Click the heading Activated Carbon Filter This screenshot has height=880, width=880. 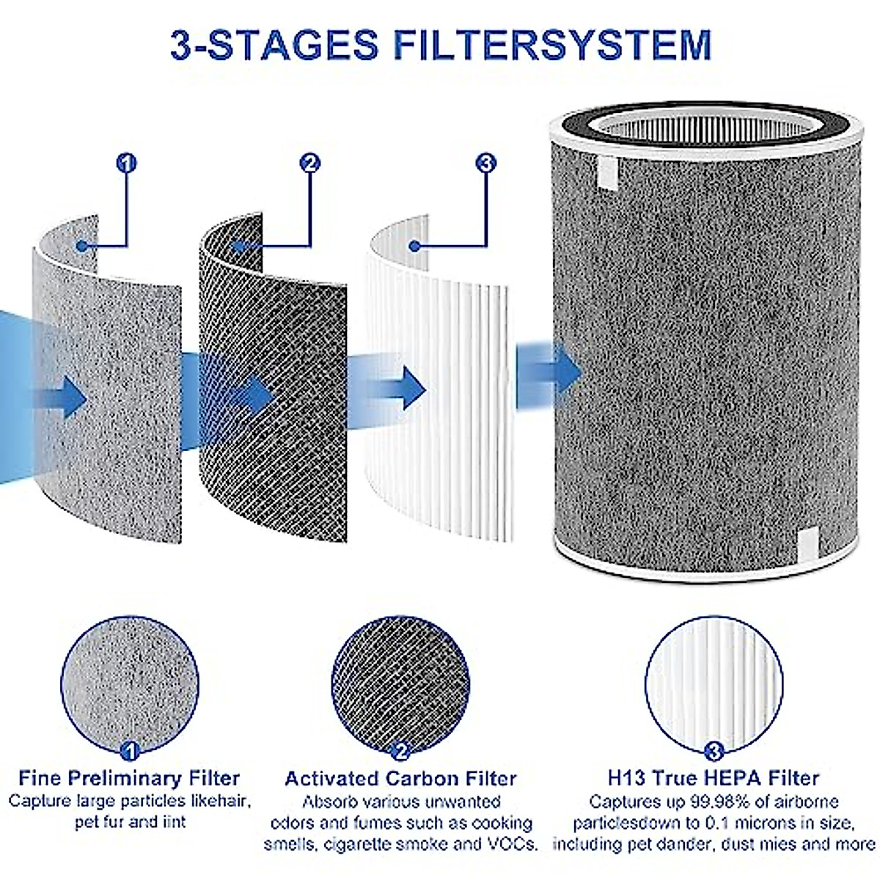tap(400, 778)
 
